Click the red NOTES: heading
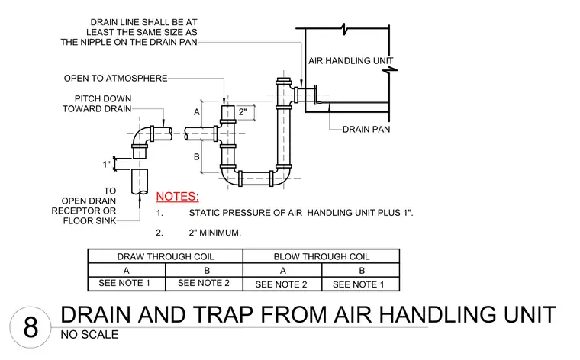177,196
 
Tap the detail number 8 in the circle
31,327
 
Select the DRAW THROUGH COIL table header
166,256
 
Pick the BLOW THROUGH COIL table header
321,256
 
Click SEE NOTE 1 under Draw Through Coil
124,283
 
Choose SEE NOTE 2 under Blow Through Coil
281,284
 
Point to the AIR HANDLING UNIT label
350,60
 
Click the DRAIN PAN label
366,130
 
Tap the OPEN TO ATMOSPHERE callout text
115,79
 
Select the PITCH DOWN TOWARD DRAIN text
97,104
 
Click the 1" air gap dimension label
107,164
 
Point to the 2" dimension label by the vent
242,111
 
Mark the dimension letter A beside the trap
197,111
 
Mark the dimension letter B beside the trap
197,156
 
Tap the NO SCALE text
89,335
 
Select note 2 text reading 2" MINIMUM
215,233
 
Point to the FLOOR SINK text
89,221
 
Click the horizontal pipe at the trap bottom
256,178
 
